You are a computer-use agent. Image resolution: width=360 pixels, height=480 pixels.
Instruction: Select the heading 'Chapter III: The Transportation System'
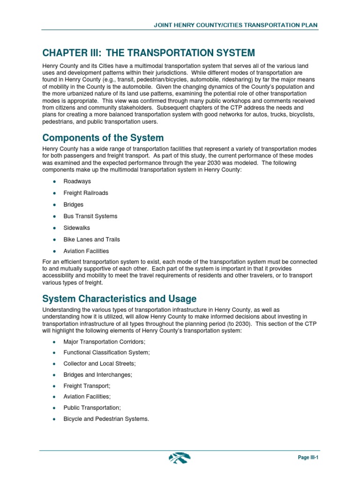point(149,52)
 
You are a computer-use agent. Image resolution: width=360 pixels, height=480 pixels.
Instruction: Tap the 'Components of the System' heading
point(103,138)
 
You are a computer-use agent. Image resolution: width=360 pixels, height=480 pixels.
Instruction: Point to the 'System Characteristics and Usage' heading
point(119,299)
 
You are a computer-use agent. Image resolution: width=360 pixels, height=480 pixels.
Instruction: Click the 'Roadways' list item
point(77,181)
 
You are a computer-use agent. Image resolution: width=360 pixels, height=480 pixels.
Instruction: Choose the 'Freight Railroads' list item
point(86,193)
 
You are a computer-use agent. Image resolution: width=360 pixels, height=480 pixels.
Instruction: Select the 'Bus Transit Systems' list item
point(90,216)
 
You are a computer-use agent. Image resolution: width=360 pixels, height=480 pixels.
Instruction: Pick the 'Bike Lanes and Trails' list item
point(92,240)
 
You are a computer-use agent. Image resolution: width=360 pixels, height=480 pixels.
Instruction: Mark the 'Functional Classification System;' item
point(107,352)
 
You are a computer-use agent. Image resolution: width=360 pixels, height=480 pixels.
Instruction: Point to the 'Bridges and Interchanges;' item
point(98,375)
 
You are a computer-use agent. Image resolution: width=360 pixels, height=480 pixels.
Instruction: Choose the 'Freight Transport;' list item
point(87,386)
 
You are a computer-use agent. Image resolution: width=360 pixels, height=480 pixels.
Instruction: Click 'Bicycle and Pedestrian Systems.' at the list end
point(106,419)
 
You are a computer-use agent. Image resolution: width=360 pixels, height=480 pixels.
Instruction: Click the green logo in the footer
point(180,457)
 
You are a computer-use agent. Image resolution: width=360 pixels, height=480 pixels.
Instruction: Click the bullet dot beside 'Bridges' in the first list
point(55,205)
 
